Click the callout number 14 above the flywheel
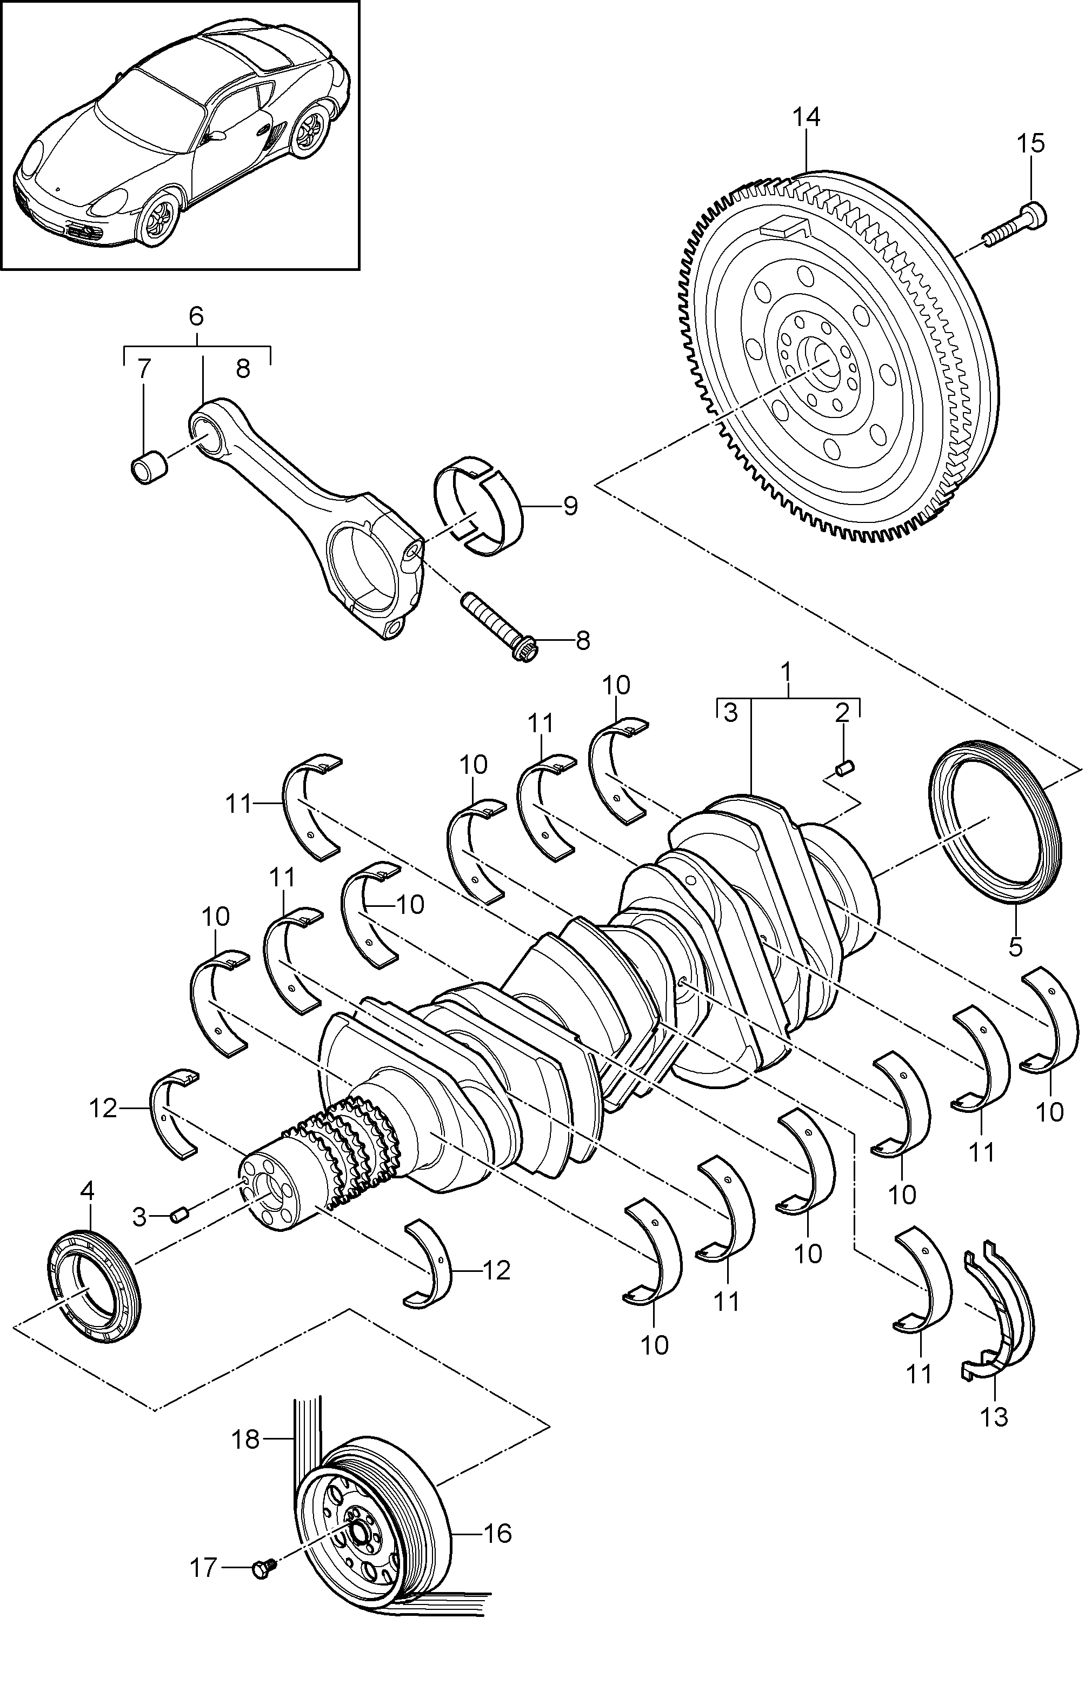pyautogui.click(x=806, y=118)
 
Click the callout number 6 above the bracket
pyautogui.click(x=196, y=316)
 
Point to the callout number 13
pyautogui.click(x=994, y=1416)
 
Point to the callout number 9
pyautogui.click(x=570, y=506)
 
